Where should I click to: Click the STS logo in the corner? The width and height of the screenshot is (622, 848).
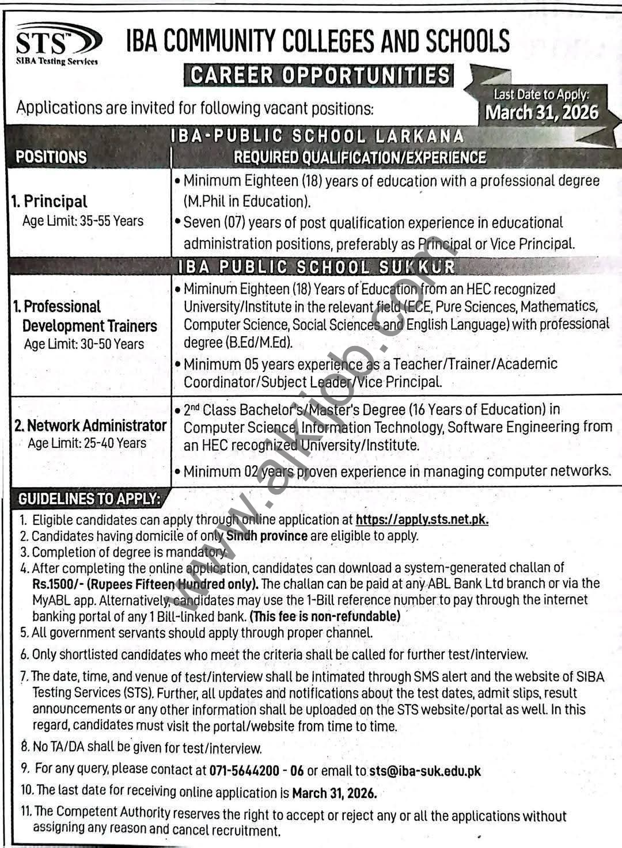tap(58, 44)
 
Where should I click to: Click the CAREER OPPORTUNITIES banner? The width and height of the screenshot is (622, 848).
tap(319, 75)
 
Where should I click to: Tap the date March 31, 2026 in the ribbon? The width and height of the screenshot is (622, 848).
tap(541, 112)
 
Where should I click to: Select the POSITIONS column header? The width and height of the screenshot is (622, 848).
tap(51, 157)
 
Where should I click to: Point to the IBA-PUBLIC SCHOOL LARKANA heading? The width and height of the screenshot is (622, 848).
tap(317, 136)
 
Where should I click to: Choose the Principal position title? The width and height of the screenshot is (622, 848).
tap(50, 201)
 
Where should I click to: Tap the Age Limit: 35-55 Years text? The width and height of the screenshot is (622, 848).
tap(83, 220)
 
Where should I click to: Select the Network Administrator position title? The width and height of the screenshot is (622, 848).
tap(90, 425)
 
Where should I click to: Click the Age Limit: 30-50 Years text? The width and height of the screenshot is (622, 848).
tap(84, 344)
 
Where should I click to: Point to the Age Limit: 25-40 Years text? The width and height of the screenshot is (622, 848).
tap(87, 443)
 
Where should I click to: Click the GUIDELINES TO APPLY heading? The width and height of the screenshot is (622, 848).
tap(89, 499)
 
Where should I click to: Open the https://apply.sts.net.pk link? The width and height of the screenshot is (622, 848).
tap(422, 520)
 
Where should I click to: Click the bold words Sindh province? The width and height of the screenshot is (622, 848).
tap(267, 536)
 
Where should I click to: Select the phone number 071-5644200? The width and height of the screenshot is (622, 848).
tap(244, 770)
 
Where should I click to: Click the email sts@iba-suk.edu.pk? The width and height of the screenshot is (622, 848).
tap(425, 770)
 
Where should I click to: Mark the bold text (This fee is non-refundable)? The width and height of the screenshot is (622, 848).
tap(325, 616)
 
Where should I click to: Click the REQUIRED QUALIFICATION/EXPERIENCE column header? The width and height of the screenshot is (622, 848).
tap(360, 157)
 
